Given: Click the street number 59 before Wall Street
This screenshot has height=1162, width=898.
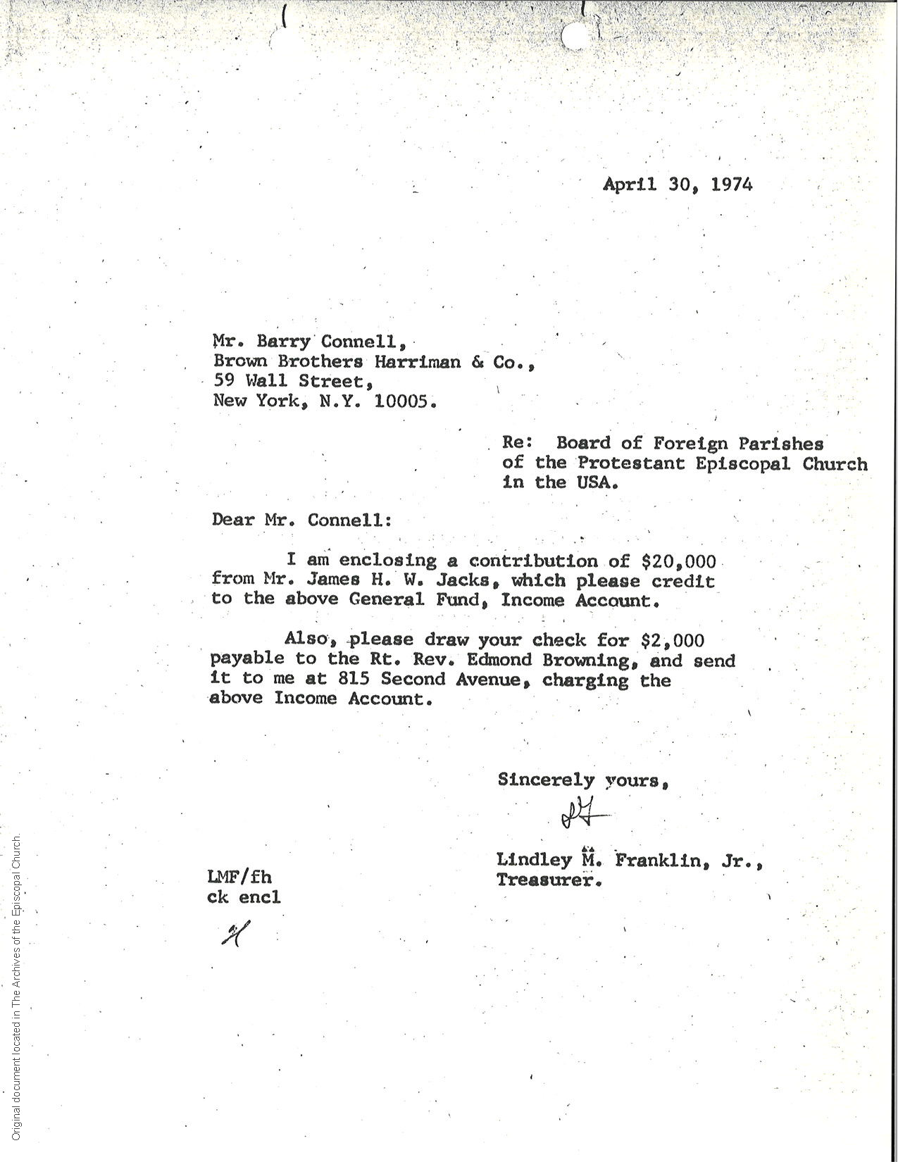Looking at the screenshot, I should pos(224,382).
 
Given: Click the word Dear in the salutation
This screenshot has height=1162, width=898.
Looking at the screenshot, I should pos(233,520).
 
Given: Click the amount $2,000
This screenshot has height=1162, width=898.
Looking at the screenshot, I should pos(672,639).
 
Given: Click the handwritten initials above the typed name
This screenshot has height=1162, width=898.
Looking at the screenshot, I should pos(581,816).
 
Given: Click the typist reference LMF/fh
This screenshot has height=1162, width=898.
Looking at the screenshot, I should pos(240,877).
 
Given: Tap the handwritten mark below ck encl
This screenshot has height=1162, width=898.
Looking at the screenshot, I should pos(232,935).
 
